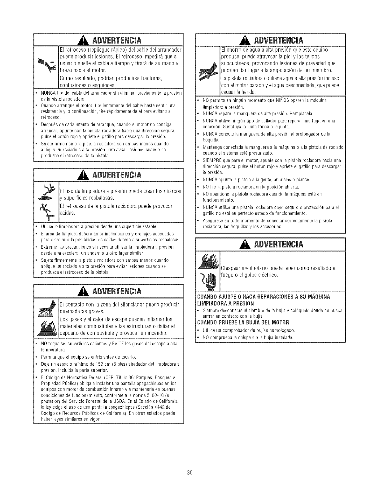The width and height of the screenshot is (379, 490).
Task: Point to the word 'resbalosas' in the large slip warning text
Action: (x=98, y=198)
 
